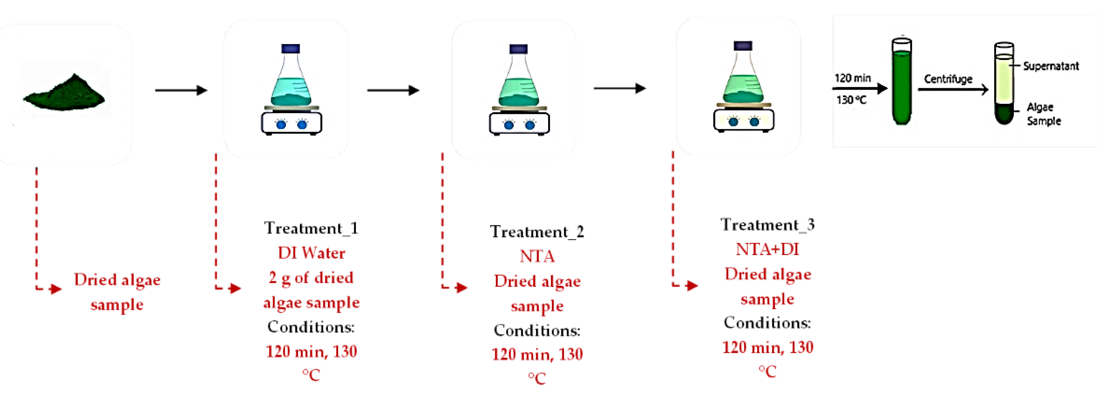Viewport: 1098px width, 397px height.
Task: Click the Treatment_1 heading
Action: tap(311, 228)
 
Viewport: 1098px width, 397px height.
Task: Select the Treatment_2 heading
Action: tap(537, 232)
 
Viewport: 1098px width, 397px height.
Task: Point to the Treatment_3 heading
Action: tap(767, 225)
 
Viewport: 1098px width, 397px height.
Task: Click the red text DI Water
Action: tap(311, 253)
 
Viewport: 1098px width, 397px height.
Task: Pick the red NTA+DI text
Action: tap(767, 249)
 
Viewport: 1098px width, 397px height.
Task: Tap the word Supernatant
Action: tap(1051, 66)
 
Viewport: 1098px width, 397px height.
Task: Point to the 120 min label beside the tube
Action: tap(852, 78)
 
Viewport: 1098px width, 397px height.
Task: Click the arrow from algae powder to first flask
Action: tap(181, 90)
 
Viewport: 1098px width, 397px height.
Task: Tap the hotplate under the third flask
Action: tap(744, 120)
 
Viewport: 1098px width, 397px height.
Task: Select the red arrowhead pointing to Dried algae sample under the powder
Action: tap(56, 289)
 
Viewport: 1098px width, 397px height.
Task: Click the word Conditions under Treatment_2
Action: tap(537, 330)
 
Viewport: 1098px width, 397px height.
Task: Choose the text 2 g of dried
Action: tap(311, 278)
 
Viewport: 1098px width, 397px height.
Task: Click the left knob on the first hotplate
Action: tap(281, 125)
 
